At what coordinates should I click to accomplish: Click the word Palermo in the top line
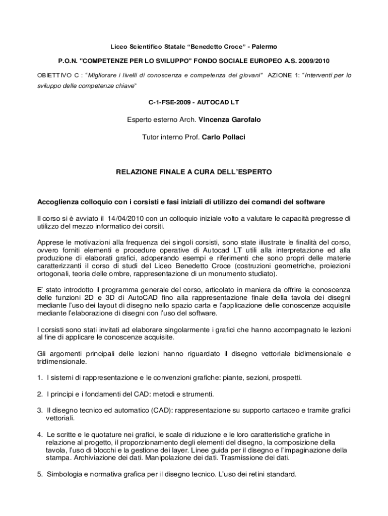[x=262, y=47]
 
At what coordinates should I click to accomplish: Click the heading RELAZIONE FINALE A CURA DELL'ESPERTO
[x=194, y=172]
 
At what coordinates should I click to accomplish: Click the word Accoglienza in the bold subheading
[x=60, y=202]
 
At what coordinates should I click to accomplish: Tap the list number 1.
[x=39, y=377]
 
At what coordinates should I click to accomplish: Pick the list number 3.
[x=39, y=411]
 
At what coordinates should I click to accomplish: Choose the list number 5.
[x=39, y=474]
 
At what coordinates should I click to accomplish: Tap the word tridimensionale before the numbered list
[x=61, y=361]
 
